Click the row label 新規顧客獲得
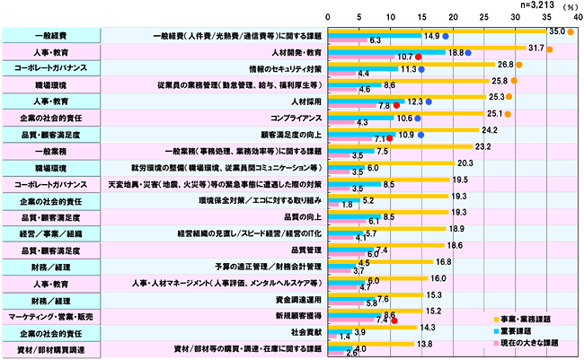296,316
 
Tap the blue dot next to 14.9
446,37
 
